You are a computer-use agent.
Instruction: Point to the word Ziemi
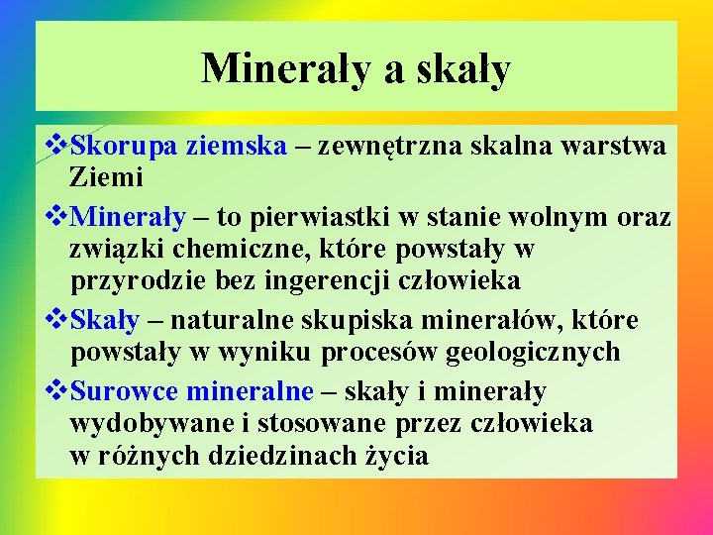[x=107, y=178]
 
